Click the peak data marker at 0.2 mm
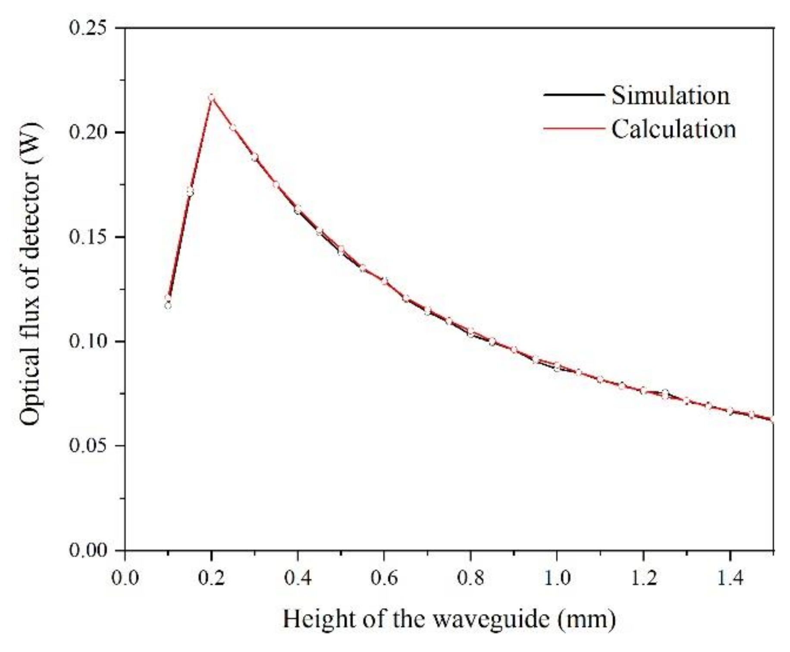tap(211, 97)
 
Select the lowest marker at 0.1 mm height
tap(168, 306)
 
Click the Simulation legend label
tap(671, 95)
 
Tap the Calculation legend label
tap(673, 129)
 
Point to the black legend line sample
tap(574, 95)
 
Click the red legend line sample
tap(574, 129)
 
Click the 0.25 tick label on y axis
tap(88, 28)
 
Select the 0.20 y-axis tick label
tap(88, 132)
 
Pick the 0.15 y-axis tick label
tap(88, 237)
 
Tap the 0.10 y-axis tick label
tap(88, 342)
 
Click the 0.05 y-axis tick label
tap(88, 446)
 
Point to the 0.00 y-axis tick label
tap(88, 550)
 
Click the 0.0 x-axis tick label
tap(125, 578)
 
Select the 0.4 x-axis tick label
tap(298, 578)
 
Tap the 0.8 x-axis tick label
tap(470, 578)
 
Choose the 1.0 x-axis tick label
tap(557, 578)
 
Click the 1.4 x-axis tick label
tap(730, 578)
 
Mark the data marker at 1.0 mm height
tap(557, 367)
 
